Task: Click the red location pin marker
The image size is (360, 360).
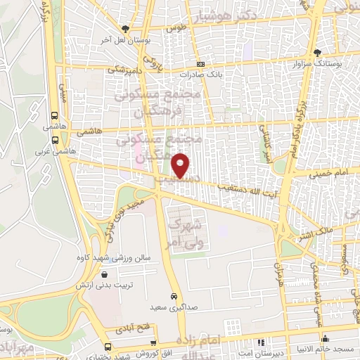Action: [x=181, y=165]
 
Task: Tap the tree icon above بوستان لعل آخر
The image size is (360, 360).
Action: [x=125, y=29]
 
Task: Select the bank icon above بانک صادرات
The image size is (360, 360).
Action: [x=201, y=63]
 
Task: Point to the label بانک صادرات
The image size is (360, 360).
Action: [x=200, y=74]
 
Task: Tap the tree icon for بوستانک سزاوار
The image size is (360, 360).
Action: [x=318, y=52]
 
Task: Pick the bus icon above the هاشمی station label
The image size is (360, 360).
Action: [x=55, y=117]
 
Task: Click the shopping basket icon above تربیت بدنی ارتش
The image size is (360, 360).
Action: [x=104, y=274]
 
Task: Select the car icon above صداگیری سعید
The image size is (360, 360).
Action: [x=173, y=296]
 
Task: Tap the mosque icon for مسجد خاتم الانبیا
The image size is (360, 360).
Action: [x=325, y=340]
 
